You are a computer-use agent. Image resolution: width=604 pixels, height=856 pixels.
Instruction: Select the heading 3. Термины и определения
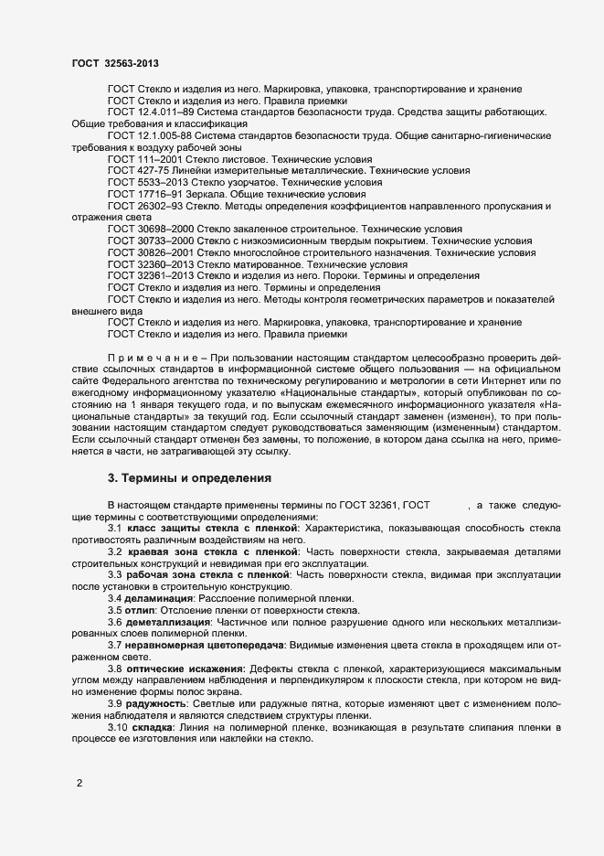(x=187, y=477)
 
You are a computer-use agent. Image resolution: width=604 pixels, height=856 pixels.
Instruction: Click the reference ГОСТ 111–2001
(x=143, y=159)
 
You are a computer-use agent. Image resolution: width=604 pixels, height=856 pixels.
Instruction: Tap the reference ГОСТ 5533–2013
(x=145, y=183)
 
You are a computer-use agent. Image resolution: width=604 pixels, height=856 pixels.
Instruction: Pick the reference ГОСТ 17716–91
(x=145, y=195)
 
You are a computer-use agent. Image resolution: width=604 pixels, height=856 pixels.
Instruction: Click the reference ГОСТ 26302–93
(x=145, y=207)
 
